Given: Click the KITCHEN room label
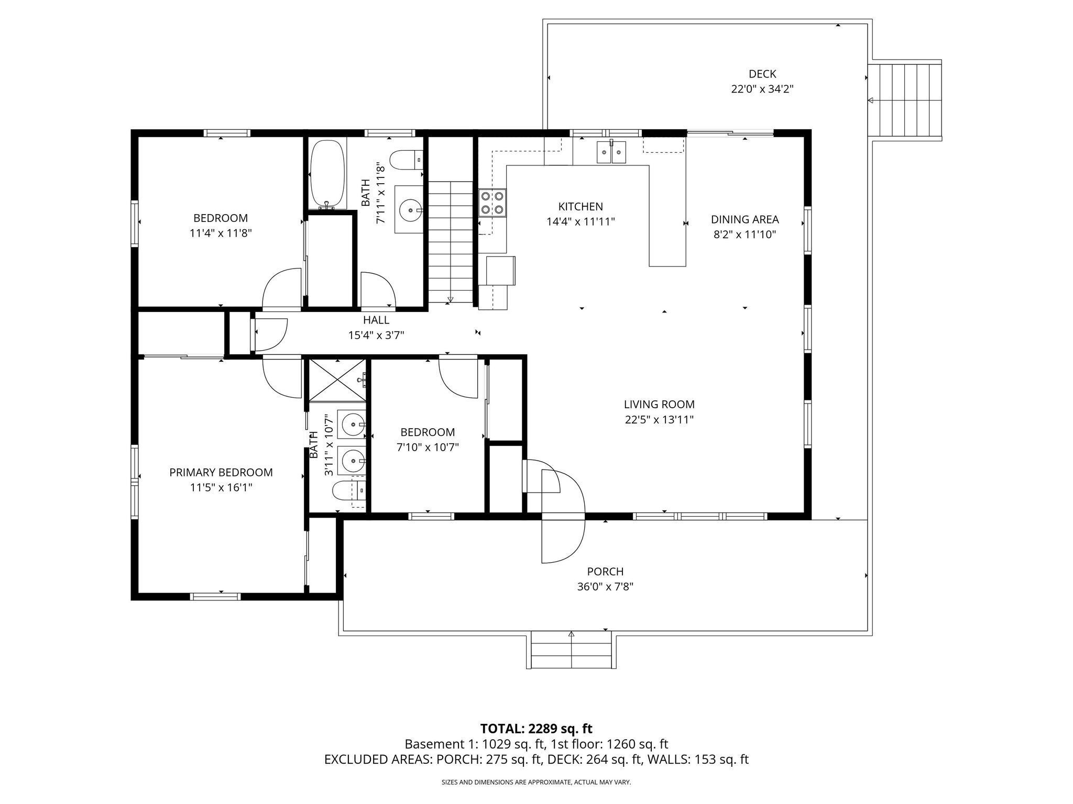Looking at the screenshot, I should [580, 207].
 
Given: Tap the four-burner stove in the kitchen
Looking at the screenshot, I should [492, 203].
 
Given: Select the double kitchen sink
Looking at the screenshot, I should [611, 152].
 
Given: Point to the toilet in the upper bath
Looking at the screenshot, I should [406, 160].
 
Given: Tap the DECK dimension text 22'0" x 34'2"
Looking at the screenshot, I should [762, 89].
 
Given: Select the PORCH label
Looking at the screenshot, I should [605, 572].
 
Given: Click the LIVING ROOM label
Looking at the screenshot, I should [659, 404].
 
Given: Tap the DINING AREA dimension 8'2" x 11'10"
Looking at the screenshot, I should [744, 234].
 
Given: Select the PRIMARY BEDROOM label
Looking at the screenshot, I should [221, 472].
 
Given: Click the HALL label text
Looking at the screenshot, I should [376, 320].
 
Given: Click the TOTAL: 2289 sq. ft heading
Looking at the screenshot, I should [536, 728].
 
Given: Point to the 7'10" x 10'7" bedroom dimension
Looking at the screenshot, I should [428, 447].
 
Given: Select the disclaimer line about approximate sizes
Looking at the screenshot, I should [536, 783].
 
